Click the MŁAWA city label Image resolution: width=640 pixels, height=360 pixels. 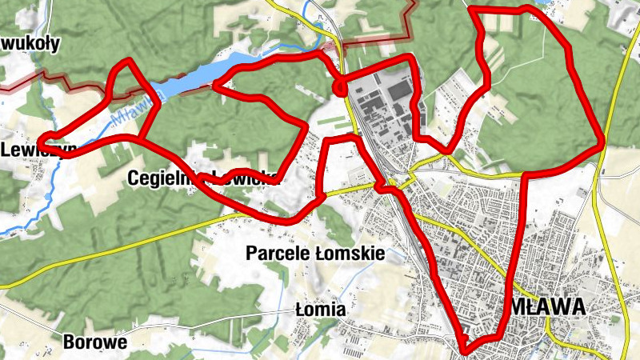pos(548,307)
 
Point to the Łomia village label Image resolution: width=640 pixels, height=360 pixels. pos(320,309)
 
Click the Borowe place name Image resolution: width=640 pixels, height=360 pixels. pos(94,342)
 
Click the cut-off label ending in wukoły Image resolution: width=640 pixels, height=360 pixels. pos(30,43)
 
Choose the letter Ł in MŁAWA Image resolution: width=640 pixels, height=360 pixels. pos(531,307)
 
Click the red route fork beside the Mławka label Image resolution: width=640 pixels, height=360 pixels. pos(138,138)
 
